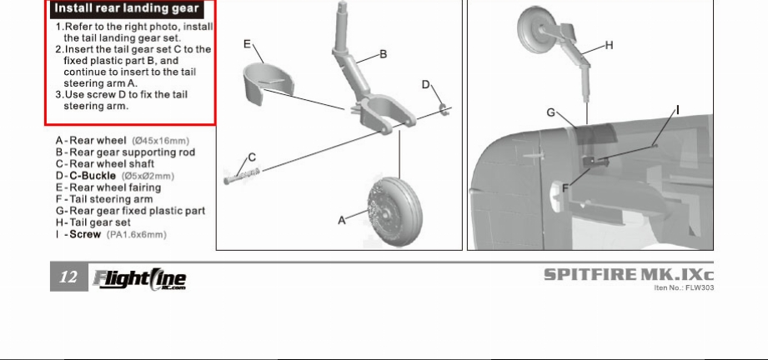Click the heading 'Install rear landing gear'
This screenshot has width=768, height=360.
(x=127, y=9)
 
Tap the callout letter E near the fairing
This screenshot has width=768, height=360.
(x=248, y=44)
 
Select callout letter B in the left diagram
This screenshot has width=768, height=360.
(x=384, y=54)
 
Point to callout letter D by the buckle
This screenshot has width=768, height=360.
(x=425, y=85)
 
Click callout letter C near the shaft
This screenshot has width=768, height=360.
(x=252, y=157)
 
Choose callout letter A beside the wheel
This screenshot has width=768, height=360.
(x=342, y=220)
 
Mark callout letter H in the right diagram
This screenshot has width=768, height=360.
(x=609, y=46)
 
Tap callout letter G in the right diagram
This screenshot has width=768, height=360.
(x=551, y=113)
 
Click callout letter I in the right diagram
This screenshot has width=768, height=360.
(x=678, y=110)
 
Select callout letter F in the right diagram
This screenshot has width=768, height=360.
(x=565, y=188)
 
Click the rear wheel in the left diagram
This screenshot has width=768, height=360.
(x=394, y=212)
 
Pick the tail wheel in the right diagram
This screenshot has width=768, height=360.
(x=535, y=30)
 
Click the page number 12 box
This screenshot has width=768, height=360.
(x=69, y=277)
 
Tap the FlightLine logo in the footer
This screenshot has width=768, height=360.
(x=140, y=279)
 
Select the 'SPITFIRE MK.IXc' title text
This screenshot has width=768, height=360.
(x=629, y=275)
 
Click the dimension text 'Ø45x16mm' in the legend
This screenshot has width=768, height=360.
(x=161, y=141)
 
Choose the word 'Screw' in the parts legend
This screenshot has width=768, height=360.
(x=85, y=234)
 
